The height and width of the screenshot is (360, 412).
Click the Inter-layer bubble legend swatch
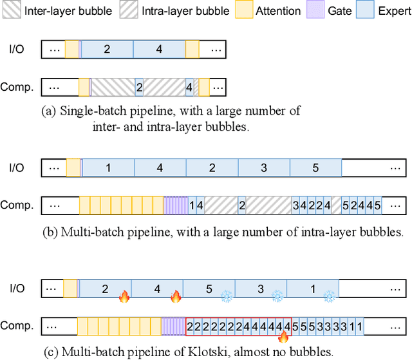click(x=12, y=11)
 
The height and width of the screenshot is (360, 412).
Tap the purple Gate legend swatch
click(x=314, y=11)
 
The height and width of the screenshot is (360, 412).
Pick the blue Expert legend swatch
click(x=361, y=11)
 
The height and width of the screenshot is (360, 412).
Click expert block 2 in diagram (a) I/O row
click(x=107, y=49)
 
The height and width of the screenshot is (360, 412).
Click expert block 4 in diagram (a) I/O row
click(x=159, y=49)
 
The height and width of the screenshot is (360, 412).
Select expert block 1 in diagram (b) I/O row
click(x=108, y=168)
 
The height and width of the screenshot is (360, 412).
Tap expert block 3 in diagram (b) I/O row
click(x=263, y=168)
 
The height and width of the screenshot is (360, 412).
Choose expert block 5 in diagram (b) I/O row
click(x=315, y=168)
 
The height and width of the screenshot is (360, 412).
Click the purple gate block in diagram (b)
click(x=176, y=205)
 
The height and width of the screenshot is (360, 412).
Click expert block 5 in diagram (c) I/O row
click(x=209, y=289)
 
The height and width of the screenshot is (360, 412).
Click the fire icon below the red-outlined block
click(x=284, y=336)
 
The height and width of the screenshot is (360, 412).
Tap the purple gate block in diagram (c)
click(x=173, y=327)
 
